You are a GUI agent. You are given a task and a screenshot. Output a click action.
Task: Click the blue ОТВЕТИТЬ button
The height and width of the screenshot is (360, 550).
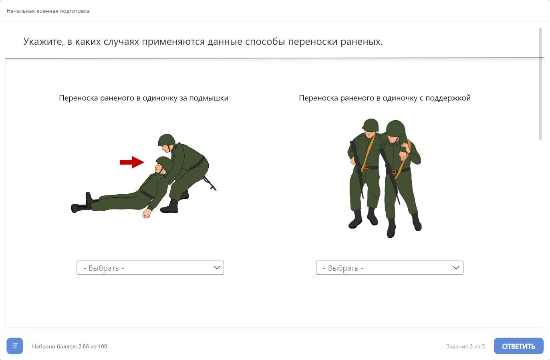519,346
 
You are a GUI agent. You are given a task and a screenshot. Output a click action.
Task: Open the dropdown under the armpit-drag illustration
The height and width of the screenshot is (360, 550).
150,268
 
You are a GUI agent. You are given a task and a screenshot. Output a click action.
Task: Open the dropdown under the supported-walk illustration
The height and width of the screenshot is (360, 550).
390,268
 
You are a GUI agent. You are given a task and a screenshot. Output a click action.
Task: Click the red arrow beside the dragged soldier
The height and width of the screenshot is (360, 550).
132,162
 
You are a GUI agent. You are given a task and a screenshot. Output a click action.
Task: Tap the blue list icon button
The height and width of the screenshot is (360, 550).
15,346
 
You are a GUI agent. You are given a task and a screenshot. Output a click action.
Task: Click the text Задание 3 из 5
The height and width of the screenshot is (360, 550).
465,346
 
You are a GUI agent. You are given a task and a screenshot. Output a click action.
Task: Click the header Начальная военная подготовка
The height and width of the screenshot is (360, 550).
48,11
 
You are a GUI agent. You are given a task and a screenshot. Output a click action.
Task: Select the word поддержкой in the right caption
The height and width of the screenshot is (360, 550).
448,98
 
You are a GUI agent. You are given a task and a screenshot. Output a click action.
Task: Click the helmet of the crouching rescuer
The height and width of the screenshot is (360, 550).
167,140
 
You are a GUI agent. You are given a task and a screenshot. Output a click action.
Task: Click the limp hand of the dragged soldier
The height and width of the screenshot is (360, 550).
146,214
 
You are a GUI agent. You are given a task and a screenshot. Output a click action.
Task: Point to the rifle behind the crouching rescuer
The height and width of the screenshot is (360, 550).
209,183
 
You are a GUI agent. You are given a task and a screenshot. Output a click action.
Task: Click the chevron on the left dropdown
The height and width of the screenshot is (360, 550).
217,268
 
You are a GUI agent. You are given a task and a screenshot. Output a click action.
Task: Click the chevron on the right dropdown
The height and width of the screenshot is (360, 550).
456,268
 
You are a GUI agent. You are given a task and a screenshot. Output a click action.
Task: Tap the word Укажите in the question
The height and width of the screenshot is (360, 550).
43,42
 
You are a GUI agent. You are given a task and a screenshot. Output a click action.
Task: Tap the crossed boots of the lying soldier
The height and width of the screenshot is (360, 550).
83,204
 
